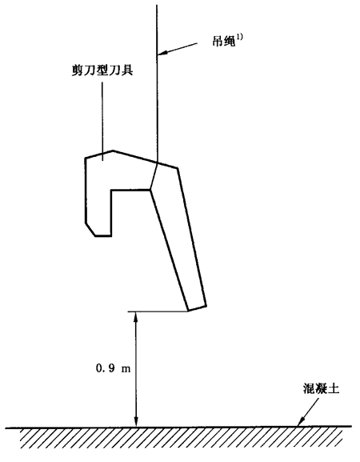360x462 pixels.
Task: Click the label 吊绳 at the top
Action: click(224, 42)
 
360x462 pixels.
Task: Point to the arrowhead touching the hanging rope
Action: click(162, 53)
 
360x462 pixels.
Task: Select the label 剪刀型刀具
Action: click(102, 70)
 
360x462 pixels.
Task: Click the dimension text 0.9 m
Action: click(114, 368)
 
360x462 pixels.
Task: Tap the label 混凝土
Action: click(321, 388)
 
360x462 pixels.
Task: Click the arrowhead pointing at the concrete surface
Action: click(301, 422)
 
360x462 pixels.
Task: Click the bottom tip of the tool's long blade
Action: click(188, 311)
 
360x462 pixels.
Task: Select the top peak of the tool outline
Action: click(113, 151)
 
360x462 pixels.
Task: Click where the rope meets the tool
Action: click(157, 162)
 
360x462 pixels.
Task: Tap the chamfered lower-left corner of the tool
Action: click(90, 229)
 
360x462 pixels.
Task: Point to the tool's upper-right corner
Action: click(178, 168)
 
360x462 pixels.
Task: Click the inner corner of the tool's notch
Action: click(111, 190)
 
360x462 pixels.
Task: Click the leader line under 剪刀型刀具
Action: click(102, 121)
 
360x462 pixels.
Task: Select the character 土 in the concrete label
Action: click(334, 388)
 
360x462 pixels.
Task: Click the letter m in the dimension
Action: click(126, 369)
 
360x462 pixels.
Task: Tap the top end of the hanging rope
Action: click(157, 5)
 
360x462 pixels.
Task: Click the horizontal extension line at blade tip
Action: click(158, 311)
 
